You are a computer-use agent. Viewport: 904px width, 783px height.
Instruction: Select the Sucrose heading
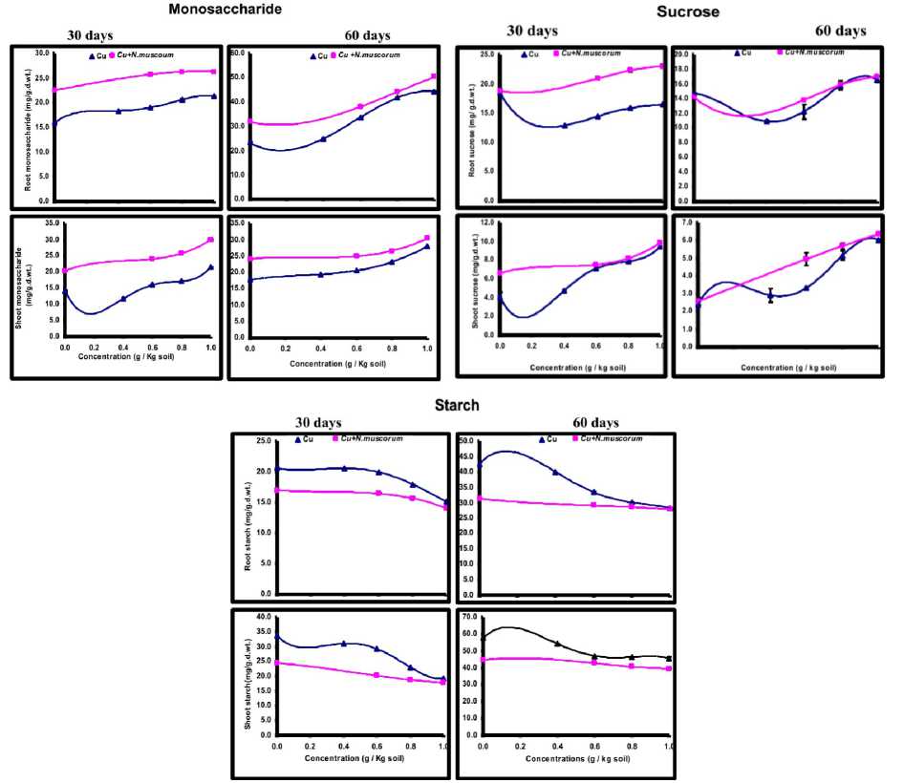pyautogui.click(x=687, y=11)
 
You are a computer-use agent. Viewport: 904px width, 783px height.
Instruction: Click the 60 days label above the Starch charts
pyautogui.click(x=595, y=422)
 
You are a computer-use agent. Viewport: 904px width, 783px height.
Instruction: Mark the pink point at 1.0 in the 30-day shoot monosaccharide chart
pyautogui.click(x=210, y=240)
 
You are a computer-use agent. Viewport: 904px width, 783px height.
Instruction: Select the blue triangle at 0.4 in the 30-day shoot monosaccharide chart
pyautogui.click(x=123, y=299)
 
